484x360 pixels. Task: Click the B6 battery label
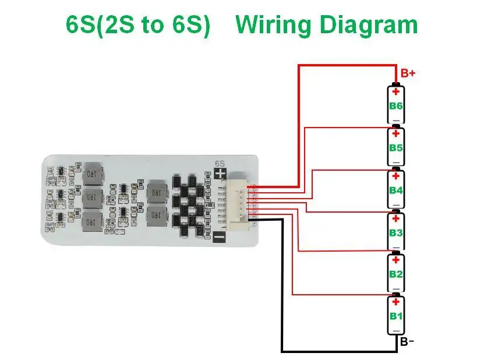pyautogui.click(x=396, y=106)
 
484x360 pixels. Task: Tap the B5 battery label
pyautogui.click(x=396, y=148)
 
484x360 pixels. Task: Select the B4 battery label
pyautogui.click(x=396, y=190)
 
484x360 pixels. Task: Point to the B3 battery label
pyautogui.click(x=396, y=233)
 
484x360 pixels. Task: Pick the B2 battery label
pyautogui.click(x=396, y=274)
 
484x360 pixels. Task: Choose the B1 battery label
pyautogui.click(x=396, y=316)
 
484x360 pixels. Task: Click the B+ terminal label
pyautogui.click(x=408, y=74)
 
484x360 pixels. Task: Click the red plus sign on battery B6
pyautogui.click(x=396, y=91)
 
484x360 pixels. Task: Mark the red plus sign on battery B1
pyautogui.click(x=396, y=302)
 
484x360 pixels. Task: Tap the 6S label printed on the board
pyautogui.click(x=220, y=163)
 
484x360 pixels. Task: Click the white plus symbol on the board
pyautogui.click(x=220, y=174)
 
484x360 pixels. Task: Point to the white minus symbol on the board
pyautogui.click(x=219, y=237)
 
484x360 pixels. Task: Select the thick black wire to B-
pyautogui.click(x=282, y=291)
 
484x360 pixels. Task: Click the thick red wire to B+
pyautogui.click(x=299, y=117)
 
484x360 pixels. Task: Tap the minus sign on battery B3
pyautogui.click(x=396, y=248)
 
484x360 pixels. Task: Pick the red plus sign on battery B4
pyautogui.click(x=396, y=176)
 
